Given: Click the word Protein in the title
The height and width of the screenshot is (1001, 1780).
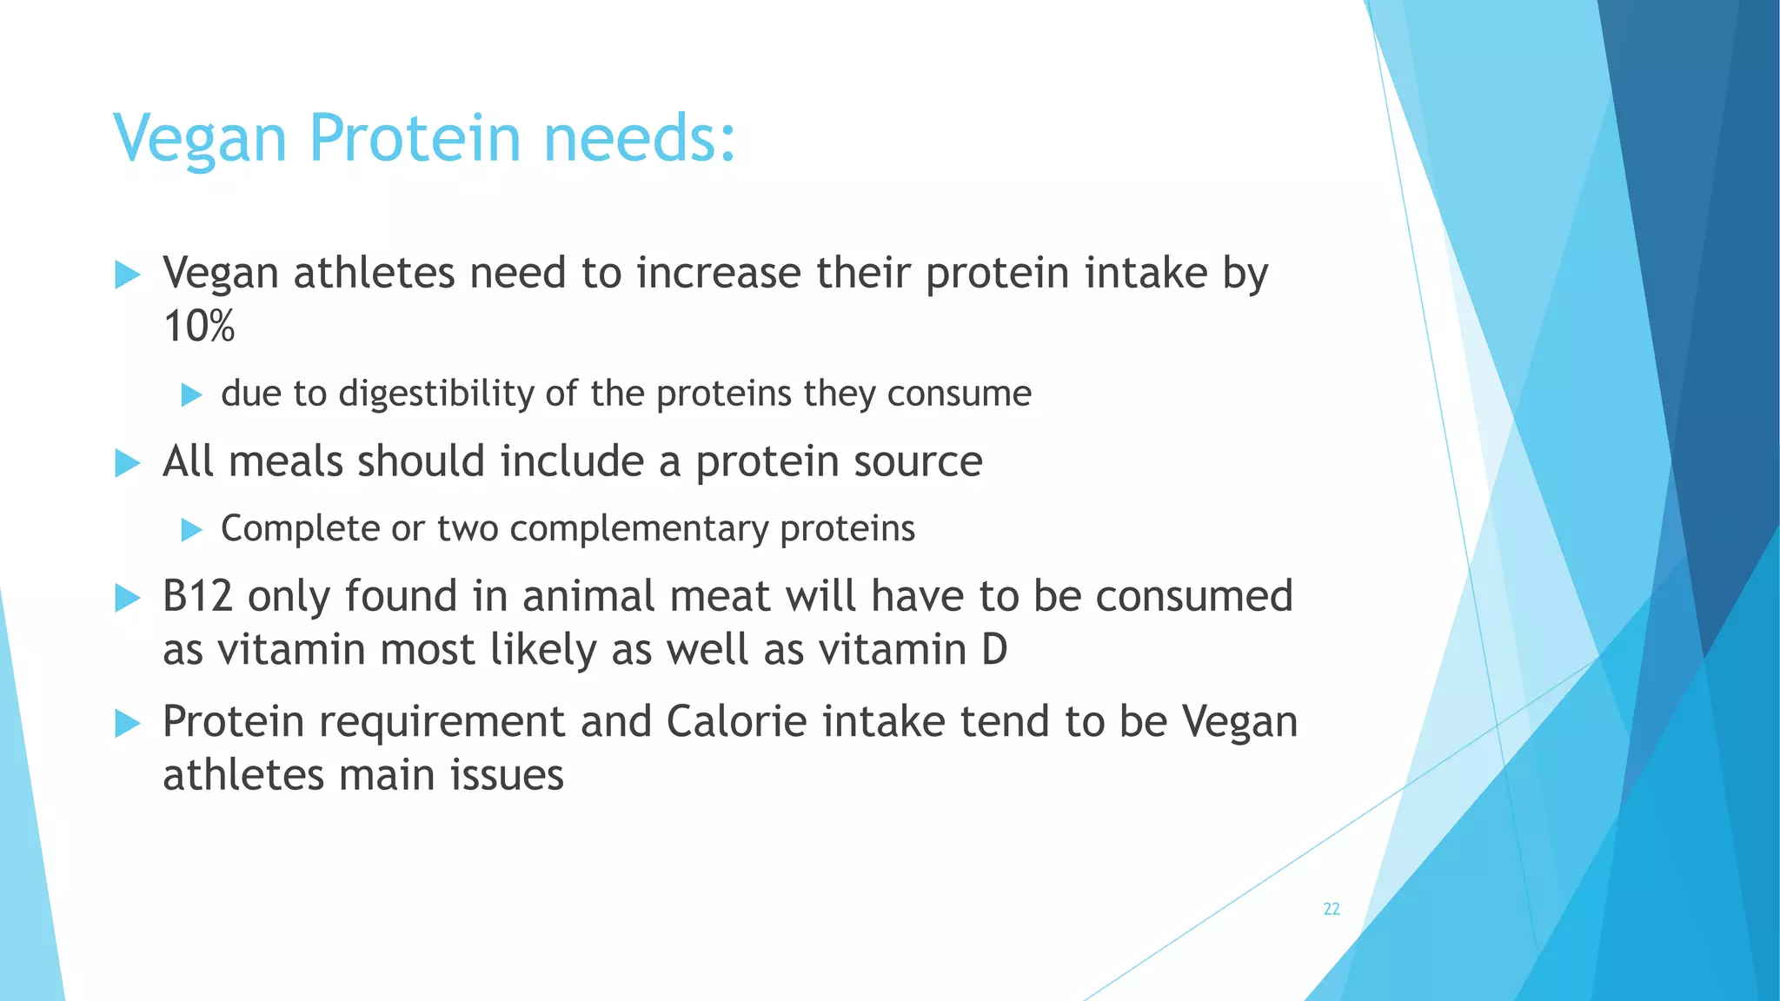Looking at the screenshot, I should coord(415,138).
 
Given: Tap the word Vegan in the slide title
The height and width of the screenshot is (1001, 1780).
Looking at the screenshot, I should coord(200,140).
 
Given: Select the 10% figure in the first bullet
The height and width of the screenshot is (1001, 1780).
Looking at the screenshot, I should coord(199,327).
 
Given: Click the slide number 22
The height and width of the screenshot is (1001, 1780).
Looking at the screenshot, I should coord(1331,909).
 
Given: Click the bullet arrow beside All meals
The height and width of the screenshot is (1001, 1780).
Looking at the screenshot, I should coord(128,463).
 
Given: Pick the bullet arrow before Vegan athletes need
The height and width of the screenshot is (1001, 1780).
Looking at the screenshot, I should coord(128,275).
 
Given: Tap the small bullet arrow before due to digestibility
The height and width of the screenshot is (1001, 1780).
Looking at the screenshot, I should coord(191,395).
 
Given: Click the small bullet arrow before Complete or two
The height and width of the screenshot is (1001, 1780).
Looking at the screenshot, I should coord(191,530).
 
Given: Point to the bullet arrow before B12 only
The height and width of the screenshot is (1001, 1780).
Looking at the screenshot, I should coord(128,598).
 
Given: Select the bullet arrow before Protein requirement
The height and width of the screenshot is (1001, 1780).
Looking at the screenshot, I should coord(128,723).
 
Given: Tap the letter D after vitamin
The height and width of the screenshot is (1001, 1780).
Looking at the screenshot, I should coord(994,650).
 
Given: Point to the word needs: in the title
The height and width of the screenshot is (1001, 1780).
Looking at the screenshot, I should coord(640,138).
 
